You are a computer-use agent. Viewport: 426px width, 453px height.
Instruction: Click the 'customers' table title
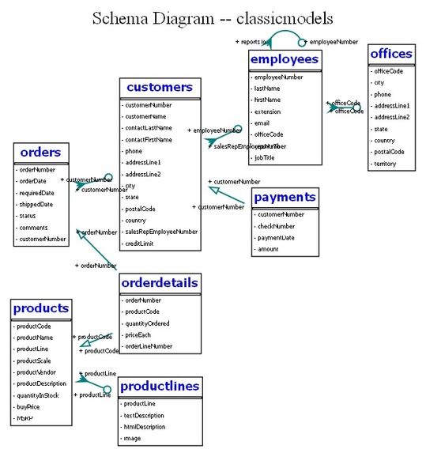[x=159, y=87]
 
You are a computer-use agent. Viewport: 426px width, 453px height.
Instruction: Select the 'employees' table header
[x=285, y=59]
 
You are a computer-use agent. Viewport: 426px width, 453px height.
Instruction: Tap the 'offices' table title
[x=391, y=54]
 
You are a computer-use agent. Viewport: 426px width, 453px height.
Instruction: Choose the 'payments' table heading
[x=285, y=197]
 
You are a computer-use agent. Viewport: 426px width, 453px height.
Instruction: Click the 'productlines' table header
[x=159, y=386]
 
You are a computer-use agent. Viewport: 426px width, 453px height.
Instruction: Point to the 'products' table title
[x=41, y=308]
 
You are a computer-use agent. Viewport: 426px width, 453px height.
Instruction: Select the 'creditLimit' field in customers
[x=139, y=243]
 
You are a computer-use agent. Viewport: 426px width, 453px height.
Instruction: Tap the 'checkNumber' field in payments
[x=275, y=226]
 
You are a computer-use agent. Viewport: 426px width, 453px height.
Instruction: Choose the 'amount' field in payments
[x=268, y=250]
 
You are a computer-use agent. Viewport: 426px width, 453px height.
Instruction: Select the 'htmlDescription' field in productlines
[x=146, y=427]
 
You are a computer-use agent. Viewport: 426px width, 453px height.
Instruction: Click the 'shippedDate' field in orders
[x=36, y=204]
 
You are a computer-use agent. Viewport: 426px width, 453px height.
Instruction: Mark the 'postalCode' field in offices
[x=389, y=152]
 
